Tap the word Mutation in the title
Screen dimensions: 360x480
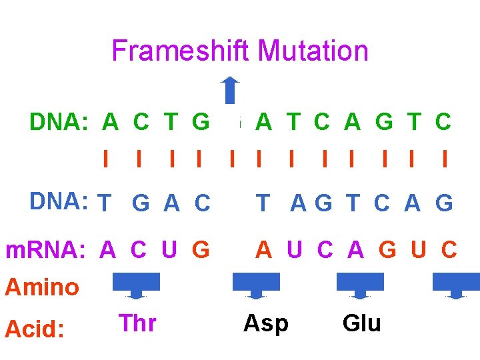[313, 51]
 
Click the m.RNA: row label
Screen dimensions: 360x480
[45, 250]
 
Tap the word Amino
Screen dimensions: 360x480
[42, 287]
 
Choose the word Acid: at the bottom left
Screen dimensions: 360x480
[35, 328]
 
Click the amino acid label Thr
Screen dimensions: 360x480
[137, 323]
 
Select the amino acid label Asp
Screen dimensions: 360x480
[266, 323]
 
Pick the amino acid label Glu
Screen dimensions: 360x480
[361, 323]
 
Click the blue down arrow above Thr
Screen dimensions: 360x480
[137, 285]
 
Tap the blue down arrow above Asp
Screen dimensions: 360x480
[256, 285]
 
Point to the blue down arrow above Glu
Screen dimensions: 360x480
[360, 285]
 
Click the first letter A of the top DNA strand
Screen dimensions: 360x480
[111, 122]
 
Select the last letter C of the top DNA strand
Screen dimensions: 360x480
[443, 122]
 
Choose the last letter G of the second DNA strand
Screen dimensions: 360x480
[443, 203]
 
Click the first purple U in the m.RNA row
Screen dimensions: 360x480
[169, 250]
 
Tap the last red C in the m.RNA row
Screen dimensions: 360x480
[449, 250]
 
